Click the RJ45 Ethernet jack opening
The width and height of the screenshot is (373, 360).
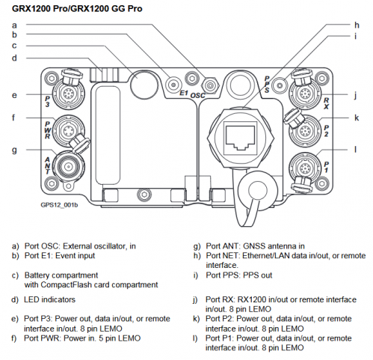coord(240,138)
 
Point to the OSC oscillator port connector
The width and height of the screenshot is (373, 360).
coord(210,85)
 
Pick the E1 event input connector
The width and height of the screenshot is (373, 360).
coord(173,85)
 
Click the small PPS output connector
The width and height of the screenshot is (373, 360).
coord(280,86)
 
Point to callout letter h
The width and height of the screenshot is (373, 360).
coord(357,25)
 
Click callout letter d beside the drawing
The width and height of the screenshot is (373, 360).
coord(14,58)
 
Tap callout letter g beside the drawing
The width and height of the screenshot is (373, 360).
coord(14,150)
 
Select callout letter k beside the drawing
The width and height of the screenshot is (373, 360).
coord(357,118)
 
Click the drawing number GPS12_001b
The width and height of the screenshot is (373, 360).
coord(59,205)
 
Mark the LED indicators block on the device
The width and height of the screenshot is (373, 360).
coord(104,74)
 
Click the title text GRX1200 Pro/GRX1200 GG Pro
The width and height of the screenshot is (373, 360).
coord(77,8)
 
